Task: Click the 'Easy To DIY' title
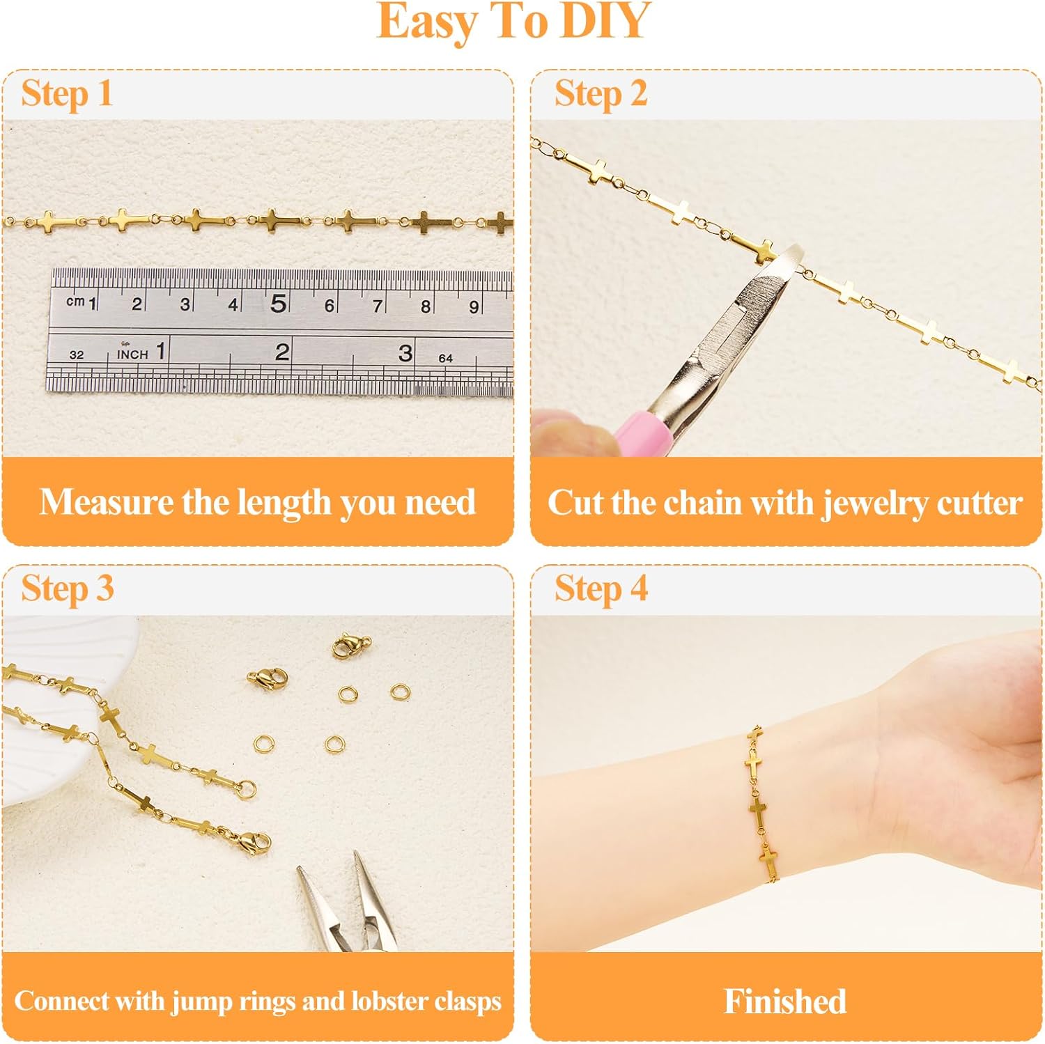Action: coord(513,22)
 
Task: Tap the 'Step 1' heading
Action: coord(67,94)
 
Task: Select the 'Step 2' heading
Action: coord(601,94)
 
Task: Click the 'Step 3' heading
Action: coord(67,589)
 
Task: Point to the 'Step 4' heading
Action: coord(601,589)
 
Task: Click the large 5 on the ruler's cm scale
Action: coord(279,304)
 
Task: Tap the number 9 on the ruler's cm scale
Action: coord(474,306)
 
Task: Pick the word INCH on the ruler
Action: coord(132,354)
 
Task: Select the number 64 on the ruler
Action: coord(445,358)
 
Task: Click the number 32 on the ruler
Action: coord(77,355)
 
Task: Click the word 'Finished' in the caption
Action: coord(785,1002)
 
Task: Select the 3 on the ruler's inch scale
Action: coord(405,353)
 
